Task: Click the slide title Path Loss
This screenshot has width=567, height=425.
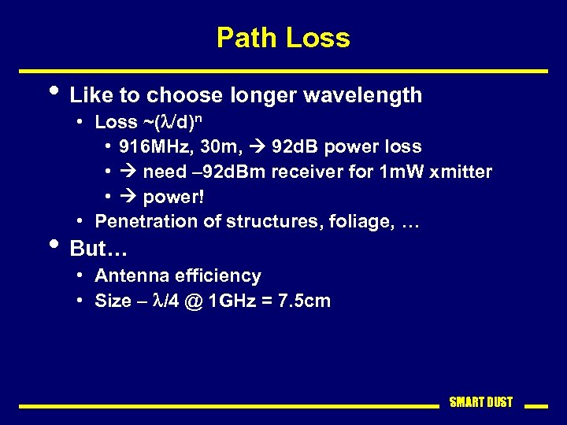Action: click(x=283, y=38)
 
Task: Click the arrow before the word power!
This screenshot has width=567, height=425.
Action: click(x=128, y=197)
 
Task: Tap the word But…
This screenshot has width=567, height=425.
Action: click(x=98, y=249)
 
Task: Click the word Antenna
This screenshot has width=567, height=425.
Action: click(x=128, y=276)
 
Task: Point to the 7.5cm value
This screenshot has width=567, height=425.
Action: click(x=305, y=301)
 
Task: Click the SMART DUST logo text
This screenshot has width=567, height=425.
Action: click(x=480, y=403)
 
